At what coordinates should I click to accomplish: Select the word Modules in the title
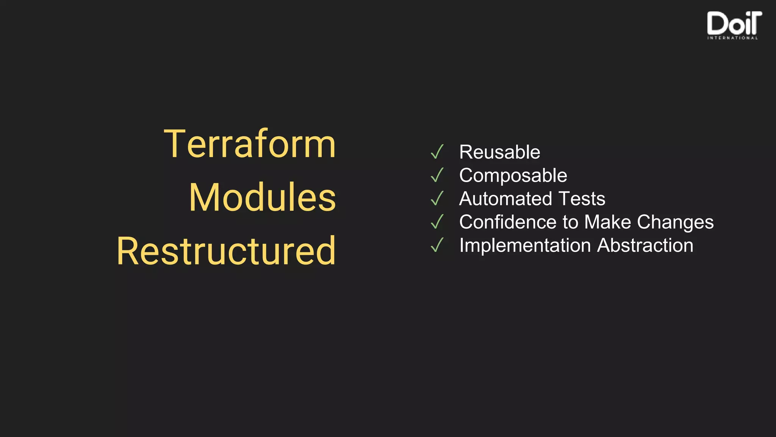click(262, 197)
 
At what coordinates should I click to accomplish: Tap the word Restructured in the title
click(226, 251)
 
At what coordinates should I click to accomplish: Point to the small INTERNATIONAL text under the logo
click(732, 38)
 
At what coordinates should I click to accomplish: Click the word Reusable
click(499, 152)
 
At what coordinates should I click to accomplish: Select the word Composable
click(513, 176)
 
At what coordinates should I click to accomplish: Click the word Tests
click(582, 199)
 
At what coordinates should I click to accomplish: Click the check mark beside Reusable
click(437, 152)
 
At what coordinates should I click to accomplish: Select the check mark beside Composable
click(437, 175)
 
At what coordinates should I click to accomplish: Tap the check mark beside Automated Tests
click(437, 198)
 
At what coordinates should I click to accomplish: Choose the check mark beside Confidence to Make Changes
click(437, 222)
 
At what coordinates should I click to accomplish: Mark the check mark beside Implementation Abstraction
click(437, 245)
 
